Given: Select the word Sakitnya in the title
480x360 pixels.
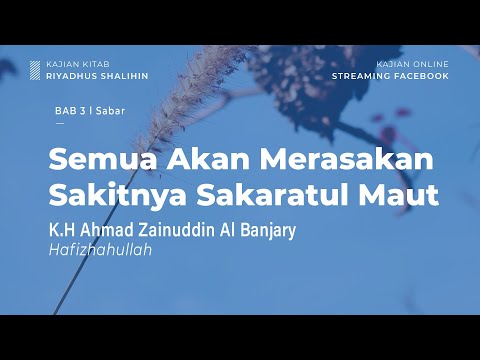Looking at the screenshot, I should tap(108, 194).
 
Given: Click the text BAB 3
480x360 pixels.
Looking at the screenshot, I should tap(70, 112).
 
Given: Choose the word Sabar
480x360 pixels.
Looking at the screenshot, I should tap(110, 112).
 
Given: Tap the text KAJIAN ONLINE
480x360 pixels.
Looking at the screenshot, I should tap(412, 64).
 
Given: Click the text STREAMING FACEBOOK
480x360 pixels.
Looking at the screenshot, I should tap(390, 75).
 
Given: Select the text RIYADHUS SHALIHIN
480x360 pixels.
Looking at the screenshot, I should tap(97, 76).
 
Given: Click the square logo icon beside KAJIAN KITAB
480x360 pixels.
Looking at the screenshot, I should tap(36, 70).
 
